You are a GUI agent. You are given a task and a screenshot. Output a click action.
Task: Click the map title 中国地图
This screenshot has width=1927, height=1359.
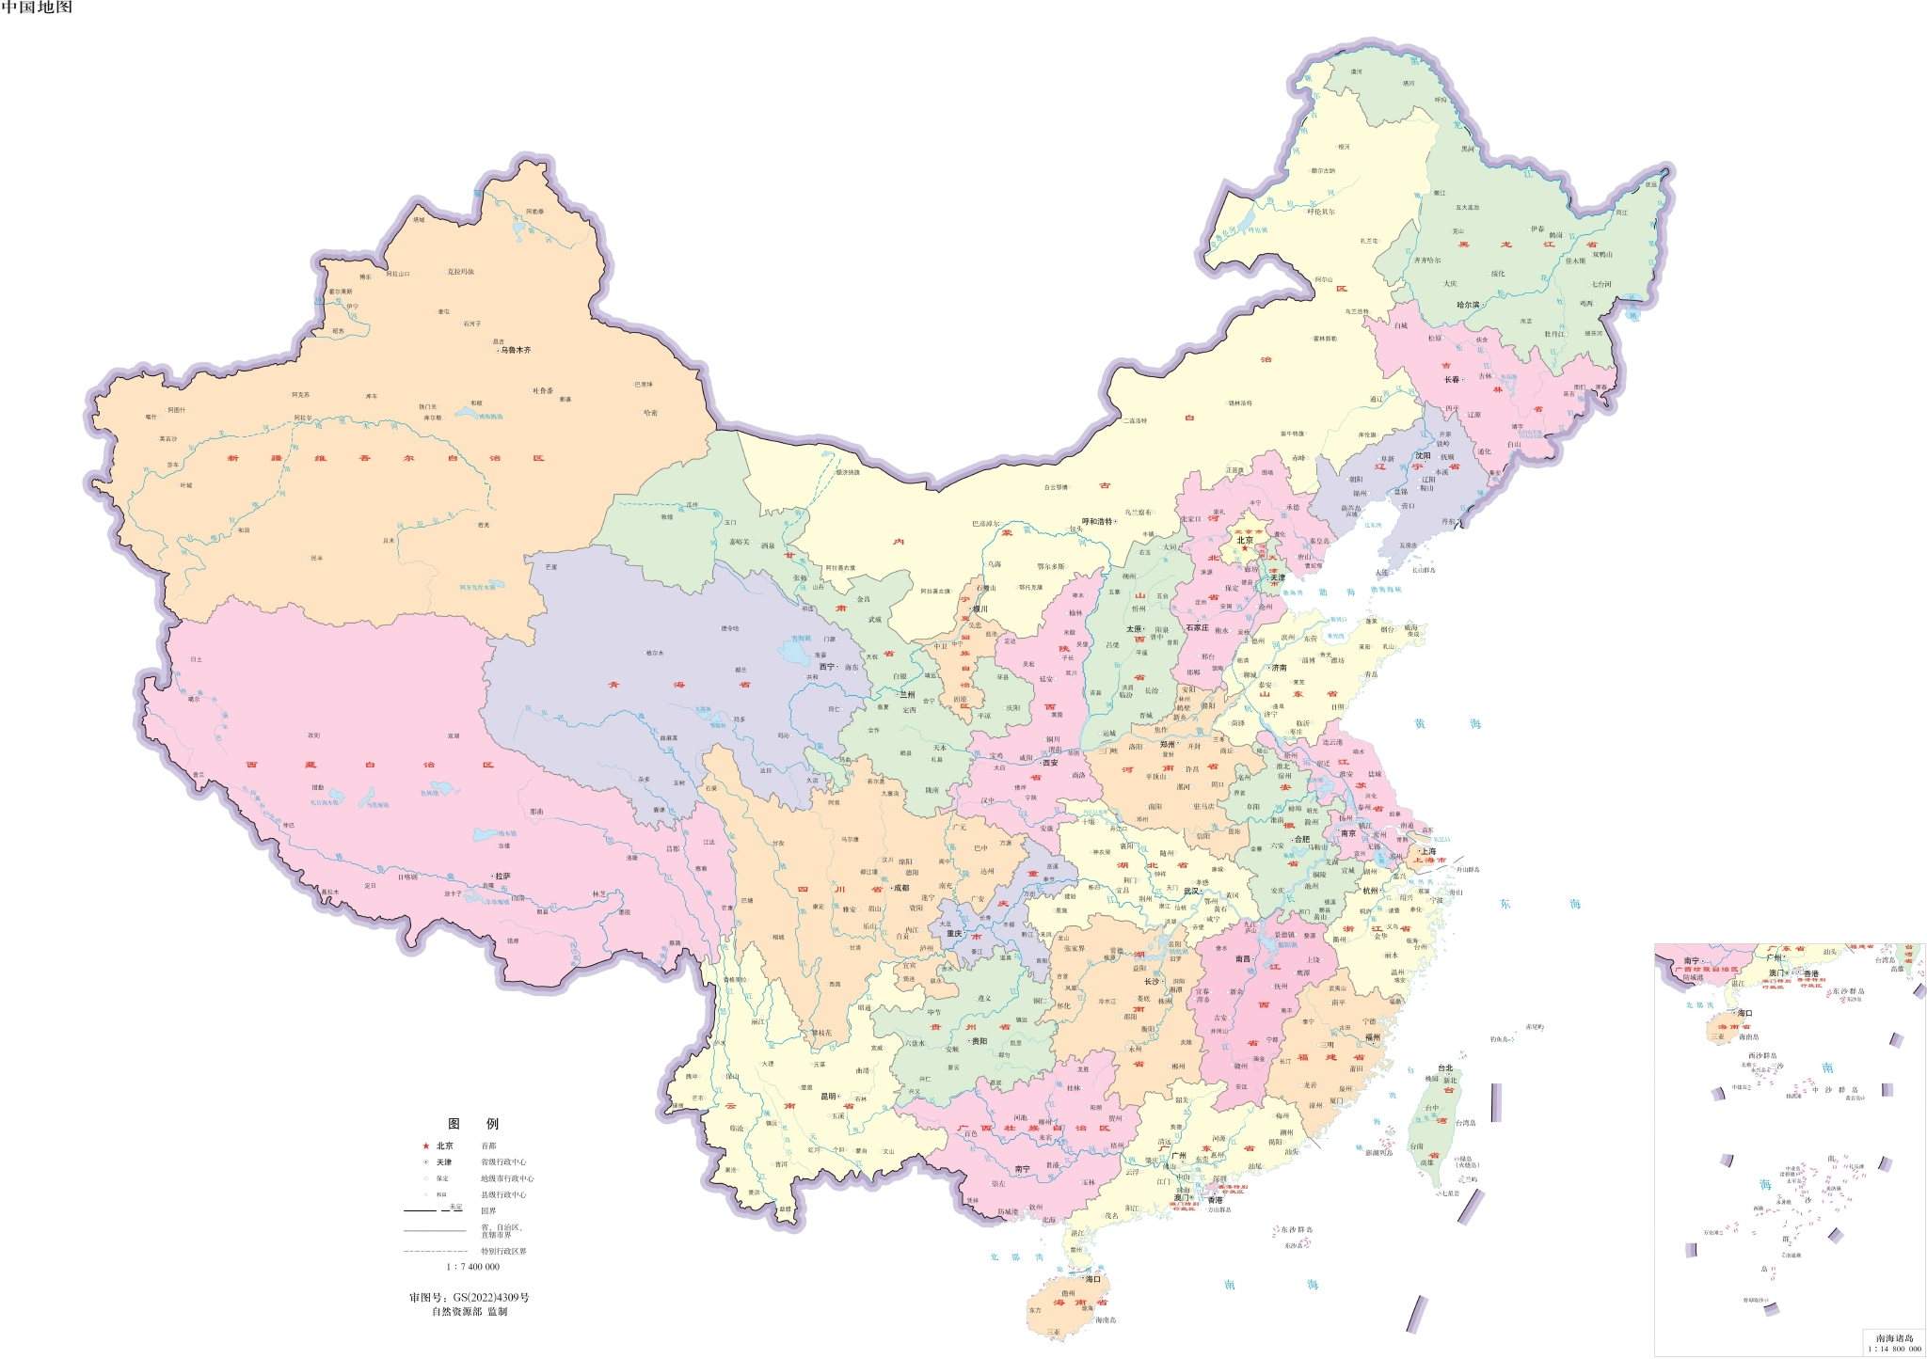point(36,8)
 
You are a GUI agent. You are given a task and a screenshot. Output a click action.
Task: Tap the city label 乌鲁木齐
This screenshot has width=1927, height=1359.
point(516,350)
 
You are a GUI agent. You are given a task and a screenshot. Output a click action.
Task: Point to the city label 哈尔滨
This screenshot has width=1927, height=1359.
point(1468,305)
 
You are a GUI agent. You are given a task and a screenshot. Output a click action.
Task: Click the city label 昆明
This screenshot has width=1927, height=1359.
point(829,1097)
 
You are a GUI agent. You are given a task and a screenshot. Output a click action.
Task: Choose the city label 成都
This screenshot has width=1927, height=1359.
point(900,888)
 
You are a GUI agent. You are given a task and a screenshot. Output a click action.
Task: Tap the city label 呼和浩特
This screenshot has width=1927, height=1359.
point(1097,521)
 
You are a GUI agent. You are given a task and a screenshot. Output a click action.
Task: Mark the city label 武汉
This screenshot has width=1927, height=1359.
point(1192,891)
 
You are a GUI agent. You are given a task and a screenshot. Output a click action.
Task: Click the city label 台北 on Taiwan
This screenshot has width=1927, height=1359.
point(1445,1068)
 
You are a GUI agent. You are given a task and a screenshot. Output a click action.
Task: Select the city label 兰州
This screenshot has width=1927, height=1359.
point(907,694)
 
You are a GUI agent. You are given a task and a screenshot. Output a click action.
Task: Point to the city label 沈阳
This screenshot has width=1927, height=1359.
point(1424,455)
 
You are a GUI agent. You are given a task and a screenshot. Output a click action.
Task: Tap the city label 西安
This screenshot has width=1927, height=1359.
point(1050,763)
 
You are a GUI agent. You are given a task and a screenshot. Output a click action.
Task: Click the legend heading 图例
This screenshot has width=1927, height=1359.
point(473,1124)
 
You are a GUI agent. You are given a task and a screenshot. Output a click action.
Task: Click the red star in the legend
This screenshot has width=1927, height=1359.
point(425,1146)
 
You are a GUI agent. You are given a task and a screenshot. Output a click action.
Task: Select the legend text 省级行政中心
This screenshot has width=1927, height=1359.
point(503,1162)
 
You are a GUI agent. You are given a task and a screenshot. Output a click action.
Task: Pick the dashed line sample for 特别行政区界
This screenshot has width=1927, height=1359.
point(435,1252)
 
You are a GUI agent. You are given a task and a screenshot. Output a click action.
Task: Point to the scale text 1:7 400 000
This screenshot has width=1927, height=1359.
point(472,1267)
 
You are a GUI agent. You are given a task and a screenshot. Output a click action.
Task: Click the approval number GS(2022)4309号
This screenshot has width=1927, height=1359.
point(469,1297)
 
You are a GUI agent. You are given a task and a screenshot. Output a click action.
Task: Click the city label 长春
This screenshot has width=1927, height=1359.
point(1452,380)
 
